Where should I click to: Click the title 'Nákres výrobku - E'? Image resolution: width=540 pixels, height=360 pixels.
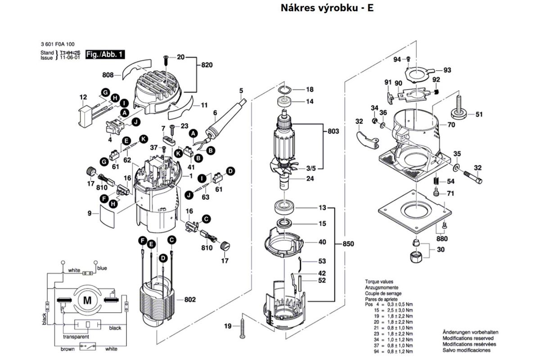[x=327, y=8]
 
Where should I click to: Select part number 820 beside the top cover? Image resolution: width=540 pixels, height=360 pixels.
[x=207, y=65]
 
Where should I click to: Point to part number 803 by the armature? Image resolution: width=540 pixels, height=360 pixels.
[x=333, y=131]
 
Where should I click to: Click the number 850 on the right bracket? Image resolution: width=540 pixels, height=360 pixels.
[x=348, y=244]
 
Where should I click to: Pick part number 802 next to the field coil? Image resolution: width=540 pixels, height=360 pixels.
[x=191, y=299]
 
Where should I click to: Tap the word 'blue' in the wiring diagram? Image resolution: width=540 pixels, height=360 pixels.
[x=102, y=268]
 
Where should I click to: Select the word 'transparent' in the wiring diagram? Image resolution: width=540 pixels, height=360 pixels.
[x=76, y=337]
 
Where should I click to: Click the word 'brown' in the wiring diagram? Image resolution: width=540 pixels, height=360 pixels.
[x=68, y=349]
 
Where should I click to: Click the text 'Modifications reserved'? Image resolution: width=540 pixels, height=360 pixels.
[x=468, y=338]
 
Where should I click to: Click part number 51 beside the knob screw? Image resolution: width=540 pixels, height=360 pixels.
[x=479, y=114]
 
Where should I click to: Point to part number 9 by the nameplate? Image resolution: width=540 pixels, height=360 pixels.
[x=90, y=213]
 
